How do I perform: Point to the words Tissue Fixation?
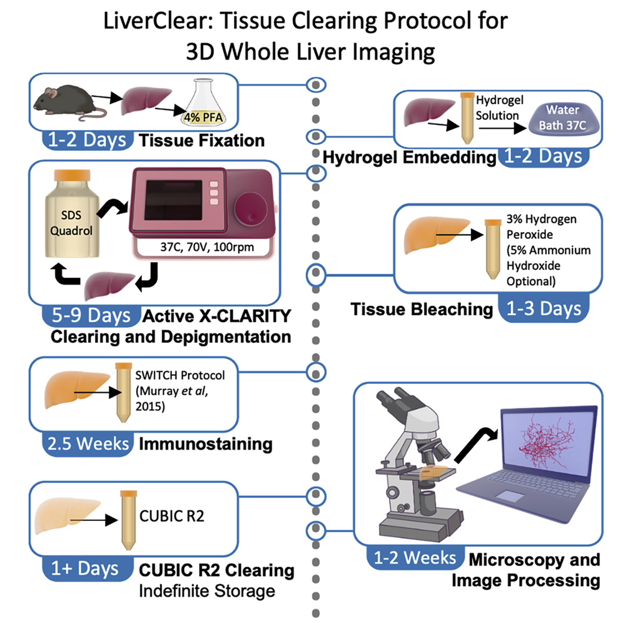click(x=201, y=140)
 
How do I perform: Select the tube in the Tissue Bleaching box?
click(x=492, y=250)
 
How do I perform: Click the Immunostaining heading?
click(x=205, y=444)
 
